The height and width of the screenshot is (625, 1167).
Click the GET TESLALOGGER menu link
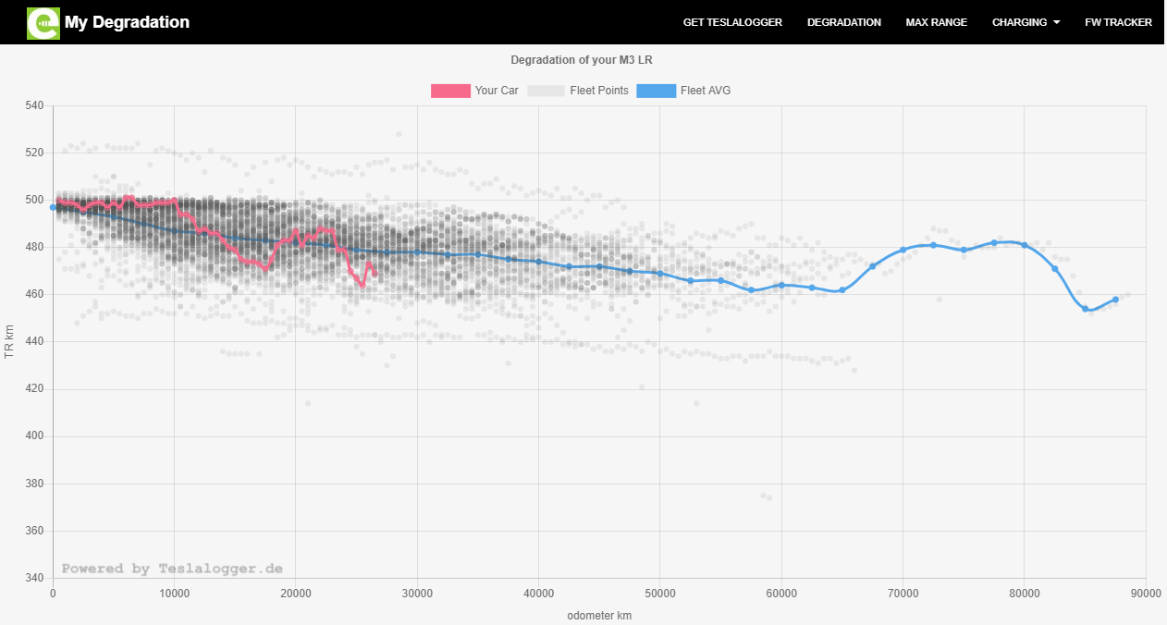click(732, 22)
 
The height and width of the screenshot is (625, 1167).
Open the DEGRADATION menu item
click(843, 22)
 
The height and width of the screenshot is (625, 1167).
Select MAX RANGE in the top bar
click(936, 22)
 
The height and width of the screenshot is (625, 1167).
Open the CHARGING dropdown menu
click(1026, 22)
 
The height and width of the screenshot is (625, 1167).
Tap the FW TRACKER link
click(1118, 22)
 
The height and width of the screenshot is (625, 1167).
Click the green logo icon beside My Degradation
click(43, 22)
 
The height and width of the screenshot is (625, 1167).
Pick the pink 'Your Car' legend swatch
click(450, 91)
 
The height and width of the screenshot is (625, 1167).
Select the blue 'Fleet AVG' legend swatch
click(656, 91)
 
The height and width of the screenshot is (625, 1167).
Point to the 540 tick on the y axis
click(34, 105)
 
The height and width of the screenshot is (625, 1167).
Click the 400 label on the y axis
click(34, 436)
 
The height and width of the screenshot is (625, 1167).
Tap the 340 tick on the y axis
click(34, 578)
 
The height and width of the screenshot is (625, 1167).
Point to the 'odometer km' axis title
click(599, 615)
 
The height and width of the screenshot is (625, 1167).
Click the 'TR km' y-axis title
click(10, 342)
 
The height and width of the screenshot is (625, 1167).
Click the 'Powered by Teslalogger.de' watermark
click(172, 569)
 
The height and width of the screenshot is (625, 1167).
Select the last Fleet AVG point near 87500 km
click(1115, 300)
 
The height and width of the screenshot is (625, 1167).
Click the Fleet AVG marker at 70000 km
click(903, 251)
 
